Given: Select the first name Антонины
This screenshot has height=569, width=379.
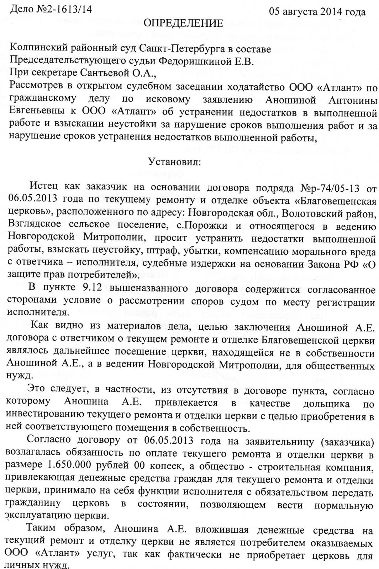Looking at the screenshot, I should click(x=349, y=101).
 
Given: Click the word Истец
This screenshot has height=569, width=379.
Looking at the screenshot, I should click(x=44, y=187).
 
